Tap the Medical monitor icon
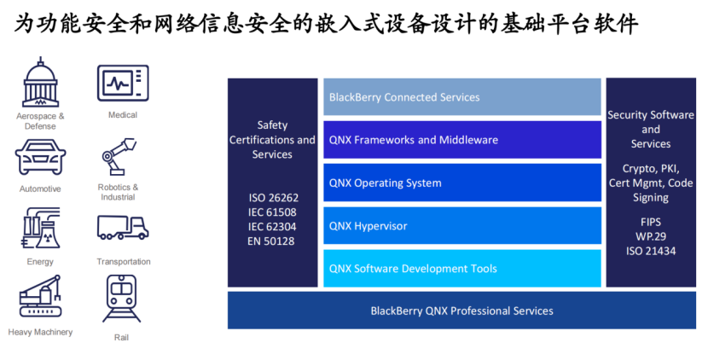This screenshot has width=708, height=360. pyautogui.click(x=123, y=84)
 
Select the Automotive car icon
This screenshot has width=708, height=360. pyautogui.click(x=40, y=157)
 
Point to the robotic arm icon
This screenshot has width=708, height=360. pyautogui.click(x=119, y=156)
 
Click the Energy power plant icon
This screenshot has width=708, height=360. pyautogui.click(x=41, y=228)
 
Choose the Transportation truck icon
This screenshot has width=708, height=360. pyautogui.click(x=123, y=227)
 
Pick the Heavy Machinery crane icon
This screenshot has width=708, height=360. pyautogui.click(x=40, y=296)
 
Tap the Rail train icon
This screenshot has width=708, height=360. pyautogui.click(x=121, y=299)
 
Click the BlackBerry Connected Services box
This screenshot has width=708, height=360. pyautogui.click(x=462, y=96)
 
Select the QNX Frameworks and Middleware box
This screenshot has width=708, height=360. pyautogui.click(x=462, y=140)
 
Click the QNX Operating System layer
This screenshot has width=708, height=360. pyautogui.click(x=462, y=183)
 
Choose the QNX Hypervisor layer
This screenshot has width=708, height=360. pyautogui.click(x=462, y=225)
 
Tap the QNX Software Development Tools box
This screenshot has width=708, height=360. pyautogui.click(x=462, y=269)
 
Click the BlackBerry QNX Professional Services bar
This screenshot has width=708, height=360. pyautogui.click(x=461, y=311)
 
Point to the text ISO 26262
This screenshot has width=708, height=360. pyautogui.click(x=273, y=197)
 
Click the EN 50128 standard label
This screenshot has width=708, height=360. pyautogui.click(x=271, y=241)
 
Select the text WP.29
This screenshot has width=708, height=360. pyautogui.click(x=651, y=236)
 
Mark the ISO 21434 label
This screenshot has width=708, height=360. pyautogui.click(x=651, y=251)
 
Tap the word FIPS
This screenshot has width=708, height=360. pyautogui.click(x=651, y=222)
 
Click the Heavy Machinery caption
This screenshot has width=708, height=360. pyautogui.click(x=40, y=332)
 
